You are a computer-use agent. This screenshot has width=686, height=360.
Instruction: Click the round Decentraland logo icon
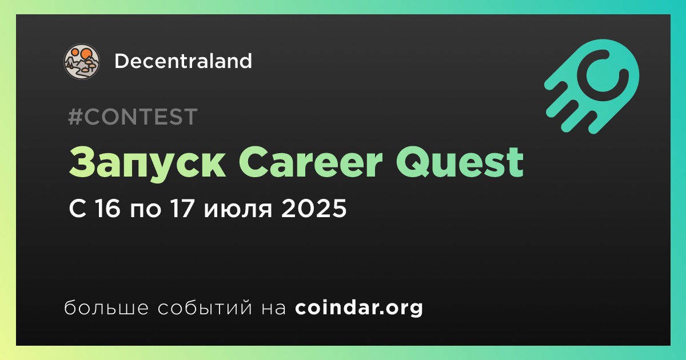pos(81,61)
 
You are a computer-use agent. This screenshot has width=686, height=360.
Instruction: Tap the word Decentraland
pos(183,61)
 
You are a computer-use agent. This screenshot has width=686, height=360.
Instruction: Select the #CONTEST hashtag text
pos(133,117)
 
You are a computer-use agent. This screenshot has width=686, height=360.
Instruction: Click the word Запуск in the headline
pos(147,162)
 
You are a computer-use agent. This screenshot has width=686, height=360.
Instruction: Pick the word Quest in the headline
pos(460,162)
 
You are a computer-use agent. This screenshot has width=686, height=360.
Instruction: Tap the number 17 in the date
pos(182,208)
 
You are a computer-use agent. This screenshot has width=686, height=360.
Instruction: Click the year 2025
pos(314,208)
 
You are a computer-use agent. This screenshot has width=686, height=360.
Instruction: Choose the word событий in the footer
pos(205,307)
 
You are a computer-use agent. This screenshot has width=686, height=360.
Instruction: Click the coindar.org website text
pos(359,308)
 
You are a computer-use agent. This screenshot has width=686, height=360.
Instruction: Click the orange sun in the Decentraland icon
pos(85,54)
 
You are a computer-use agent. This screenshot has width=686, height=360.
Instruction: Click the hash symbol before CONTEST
pos(75,117)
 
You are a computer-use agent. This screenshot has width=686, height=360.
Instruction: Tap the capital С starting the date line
pos(78,208)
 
